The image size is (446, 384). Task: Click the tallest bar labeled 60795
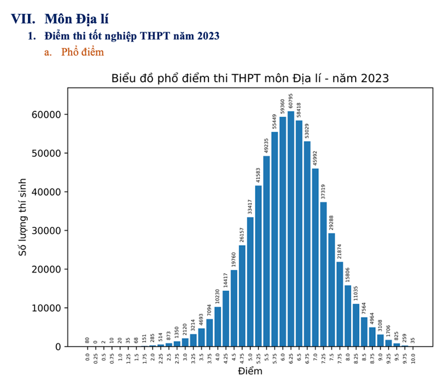point(290,229)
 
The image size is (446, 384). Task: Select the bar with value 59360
point(283,231)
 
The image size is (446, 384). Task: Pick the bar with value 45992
point(315,257)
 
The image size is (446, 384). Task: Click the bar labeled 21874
point(340,304)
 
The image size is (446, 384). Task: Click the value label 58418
point(299,107)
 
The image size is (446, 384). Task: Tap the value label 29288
point(331,219)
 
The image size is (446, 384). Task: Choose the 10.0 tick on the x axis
point(413,356)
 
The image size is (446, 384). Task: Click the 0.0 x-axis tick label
point(88,356)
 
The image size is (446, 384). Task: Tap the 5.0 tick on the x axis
point(250,356)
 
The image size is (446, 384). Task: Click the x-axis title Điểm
point(250,371)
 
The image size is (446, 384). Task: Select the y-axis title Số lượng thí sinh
point(23,217)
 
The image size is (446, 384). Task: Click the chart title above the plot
point(250,78)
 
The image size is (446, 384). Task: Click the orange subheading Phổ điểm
point(83,52)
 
